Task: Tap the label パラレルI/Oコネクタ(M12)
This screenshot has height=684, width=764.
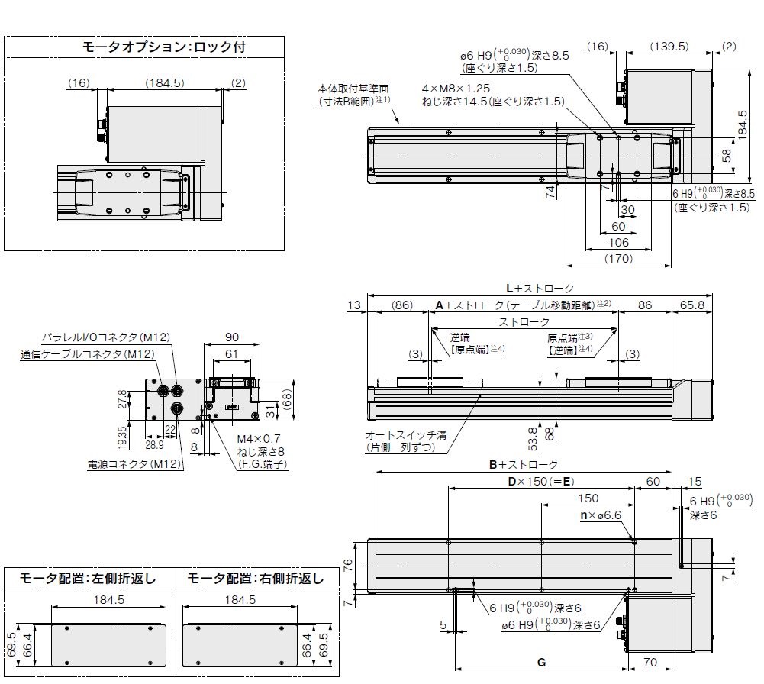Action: point(105,337)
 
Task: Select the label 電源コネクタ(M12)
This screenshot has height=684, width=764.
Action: point(133,463)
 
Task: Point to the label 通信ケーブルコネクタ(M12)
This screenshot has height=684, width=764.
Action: point(87,353)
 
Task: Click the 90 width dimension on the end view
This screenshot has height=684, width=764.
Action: point(231,336)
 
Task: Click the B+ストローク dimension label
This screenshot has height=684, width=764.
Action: point(524,465)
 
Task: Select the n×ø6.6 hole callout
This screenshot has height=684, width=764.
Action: point(601,516)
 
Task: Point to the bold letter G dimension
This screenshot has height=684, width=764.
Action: point(541,662)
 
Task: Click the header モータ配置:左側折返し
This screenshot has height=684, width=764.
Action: point(87,578)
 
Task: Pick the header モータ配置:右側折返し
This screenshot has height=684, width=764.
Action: point(254,578)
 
